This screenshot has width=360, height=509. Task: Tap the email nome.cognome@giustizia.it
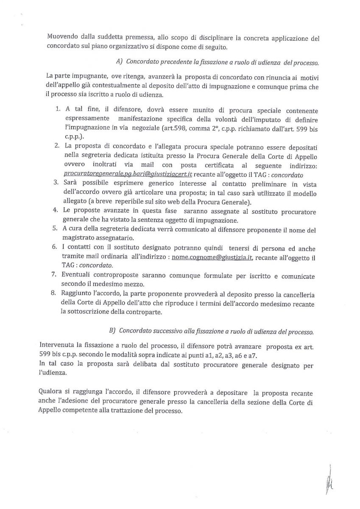[212, 257]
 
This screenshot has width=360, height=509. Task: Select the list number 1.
[58, 109]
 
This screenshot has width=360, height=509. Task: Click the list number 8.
[55, 294]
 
